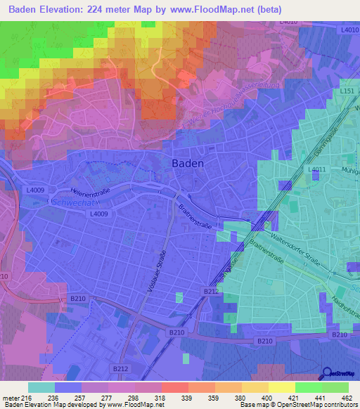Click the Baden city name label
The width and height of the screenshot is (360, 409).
[188, 163]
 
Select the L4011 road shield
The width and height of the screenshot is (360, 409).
[319, 170]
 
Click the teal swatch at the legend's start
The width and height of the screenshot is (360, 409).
[41, 387]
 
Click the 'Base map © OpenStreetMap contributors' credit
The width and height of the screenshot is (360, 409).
[298, 405]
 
